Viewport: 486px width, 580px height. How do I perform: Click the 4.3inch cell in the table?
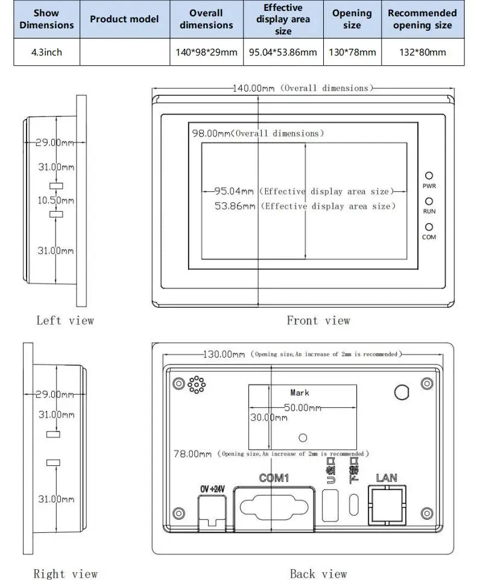46,52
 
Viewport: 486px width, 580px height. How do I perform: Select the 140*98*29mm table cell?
206,52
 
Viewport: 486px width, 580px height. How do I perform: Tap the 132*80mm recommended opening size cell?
423,52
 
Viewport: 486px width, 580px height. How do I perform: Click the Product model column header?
124,19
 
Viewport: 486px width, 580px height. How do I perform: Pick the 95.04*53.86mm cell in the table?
283,52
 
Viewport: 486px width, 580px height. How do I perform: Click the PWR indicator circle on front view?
429,176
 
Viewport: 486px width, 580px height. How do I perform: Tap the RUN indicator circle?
429,202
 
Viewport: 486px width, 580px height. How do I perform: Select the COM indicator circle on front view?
429,227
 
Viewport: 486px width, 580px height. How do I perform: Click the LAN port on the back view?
387,503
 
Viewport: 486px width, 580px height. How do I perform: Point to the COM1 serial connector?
274,505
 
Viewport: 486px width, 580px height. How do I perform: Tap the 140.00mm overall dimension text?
254,88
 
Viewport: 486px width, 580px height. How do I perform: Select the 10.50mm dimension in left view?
55,200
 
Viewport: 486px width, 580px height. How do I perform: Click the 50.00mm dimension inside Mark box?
302,408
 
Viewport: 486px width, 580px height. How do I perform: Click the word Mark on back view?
300,393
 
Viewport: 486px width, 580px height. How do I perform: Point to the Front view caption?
318,320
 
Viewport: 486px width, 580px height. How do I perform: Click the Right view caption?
65,573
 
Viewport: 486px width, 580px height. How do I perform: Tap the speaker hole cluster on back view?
195,384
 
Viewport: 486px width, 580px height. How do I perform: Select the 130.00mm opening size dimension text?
223,354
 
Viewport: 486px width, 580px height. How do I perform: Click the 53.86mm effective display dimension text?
235,206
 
